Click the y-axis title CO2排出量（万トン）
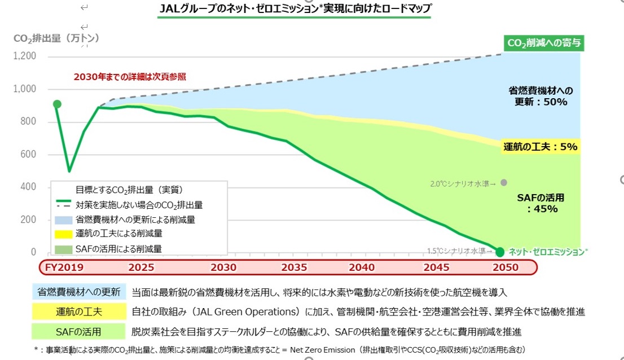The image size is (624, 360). [56, 38]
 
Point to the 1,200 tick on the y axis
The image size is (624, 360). [25, 56]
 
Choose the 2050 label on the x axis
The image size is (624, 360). [505, 267]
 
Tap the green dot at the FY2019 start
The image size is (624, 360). [57, 104]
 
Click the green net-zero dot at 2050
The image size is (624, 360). [500, 252]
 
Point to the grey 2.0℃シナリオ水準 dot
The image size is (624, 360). [504, 182]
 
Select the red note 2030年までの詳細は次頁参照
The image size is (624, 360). [130, 76]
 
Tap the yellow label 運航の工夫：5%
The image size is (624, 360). [540, 147]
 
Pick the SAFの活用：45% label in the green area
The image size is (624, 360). [540, 203]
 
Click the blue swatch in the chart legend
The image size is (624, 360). [64, 219]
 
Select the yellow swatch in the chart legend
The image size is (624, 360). [64, 233]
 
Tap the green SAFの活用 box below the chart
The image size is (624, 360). [80, 331]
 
